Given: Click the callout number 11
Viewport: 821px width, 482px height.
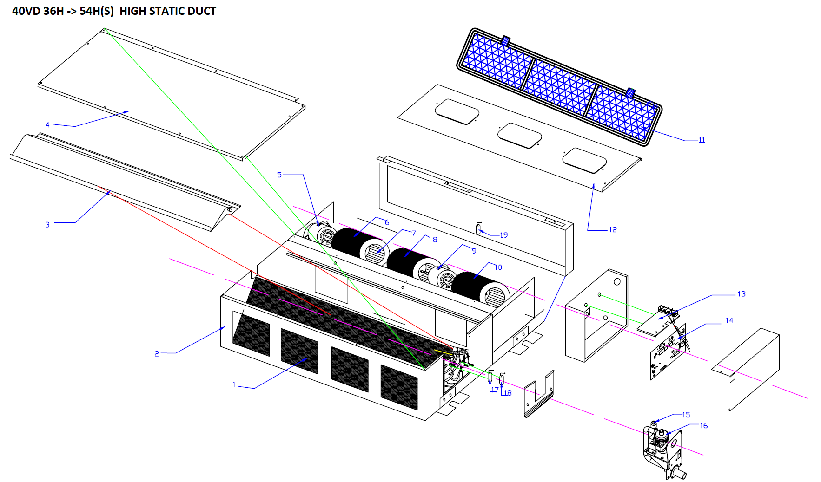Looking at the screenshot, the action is coord(702,140).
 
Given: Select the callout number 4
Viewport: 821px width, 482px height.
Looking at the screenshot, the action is coord(47,124).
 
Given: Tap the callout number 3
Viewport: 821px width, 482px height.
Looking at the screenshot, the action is coord(47,225).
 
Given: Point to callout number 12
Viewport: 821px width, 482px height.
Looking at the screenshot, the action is coord(613,230).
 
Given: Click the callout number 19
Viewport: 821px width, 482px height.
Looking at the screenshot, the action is coord(503,235).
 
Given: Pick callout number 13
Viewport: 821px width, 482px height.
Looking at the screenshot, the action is coord(742,294).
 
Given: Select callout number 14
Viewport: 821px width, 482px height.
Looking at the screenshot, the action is coord(729,320).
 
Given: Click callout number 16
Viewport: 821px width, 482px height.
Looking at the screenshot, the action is coord(703,426).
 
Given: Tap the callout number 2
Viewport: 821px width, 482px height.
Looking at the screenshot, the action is coord(157,354).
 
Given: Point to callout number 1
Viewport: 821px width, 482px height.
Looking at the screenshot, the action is coord(234,385).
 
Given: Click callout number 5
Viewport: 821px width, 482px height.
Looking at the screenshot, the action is coord(279,175).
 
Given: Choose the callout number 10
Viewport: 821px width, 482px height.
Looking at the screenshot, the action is coord(498,267).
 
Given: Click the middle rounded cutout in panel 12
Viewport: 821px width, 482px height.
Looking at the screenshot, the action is coord(520,136).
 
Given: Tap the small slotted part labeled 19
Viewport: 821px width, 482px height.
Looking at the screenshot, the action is coord(478,228).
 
